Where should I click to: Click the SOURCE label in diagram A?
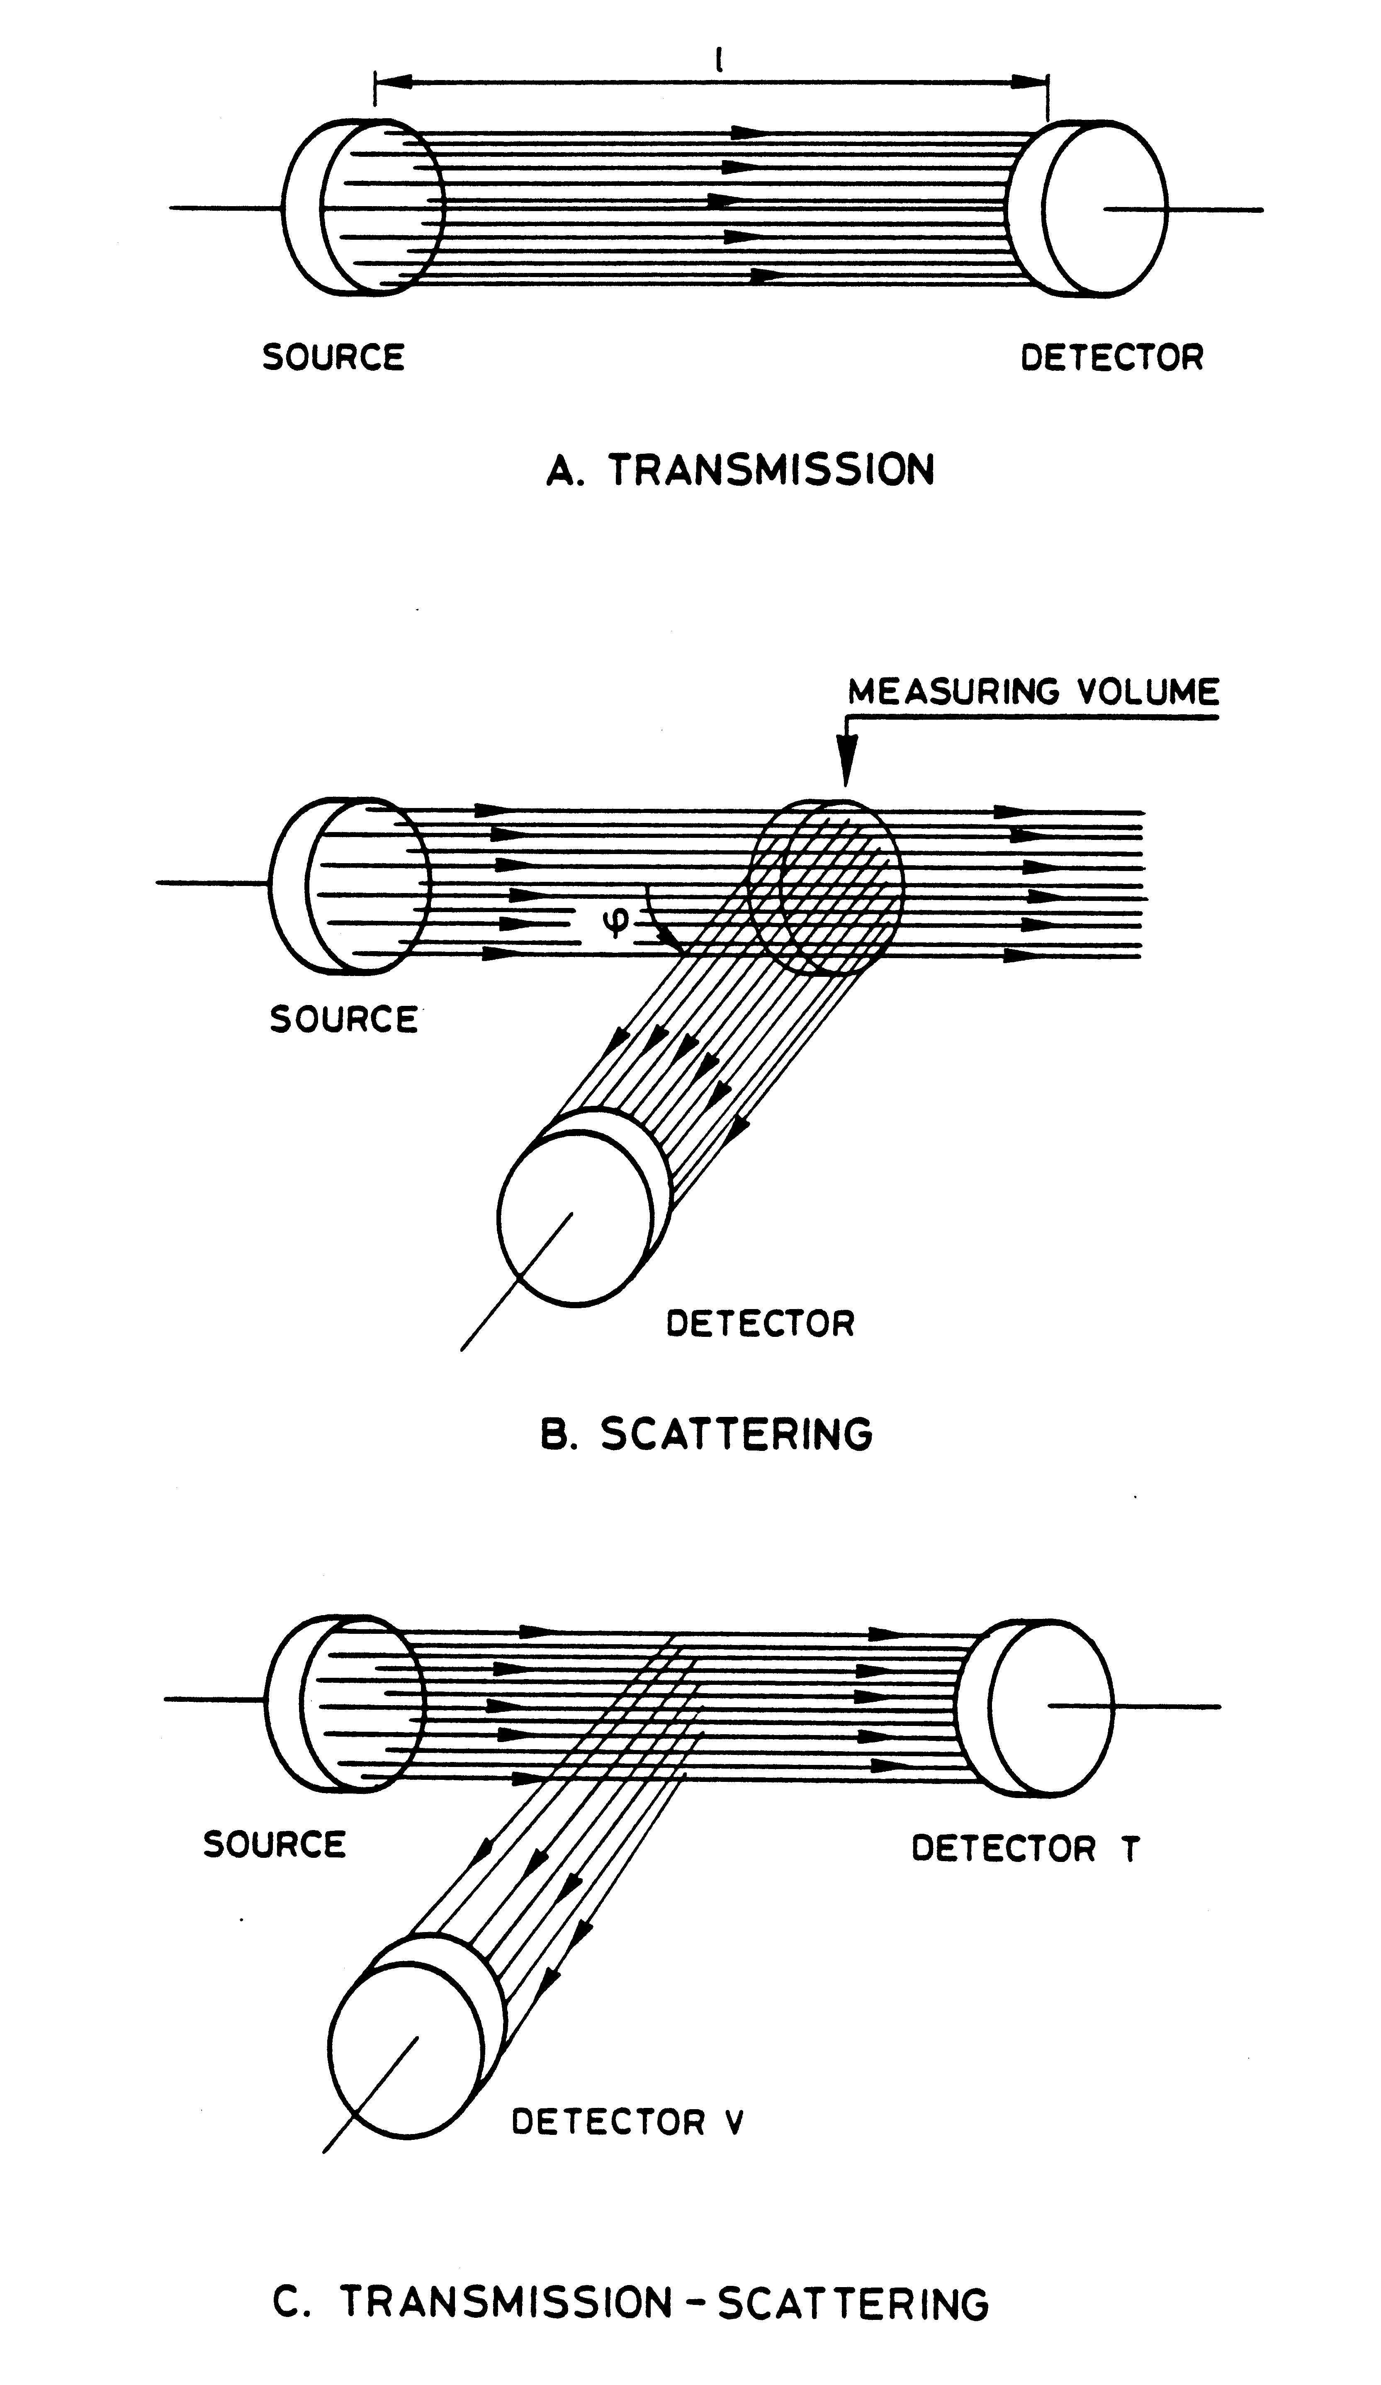[333, 358]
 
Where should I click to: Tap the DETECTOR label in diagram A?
[1111, 358]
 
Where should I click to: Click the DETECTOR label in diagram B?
[760, 1323]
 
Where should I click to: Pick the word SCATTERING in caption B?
[737, 1434]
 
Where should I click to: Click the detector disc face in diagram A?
[1106, 209]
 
